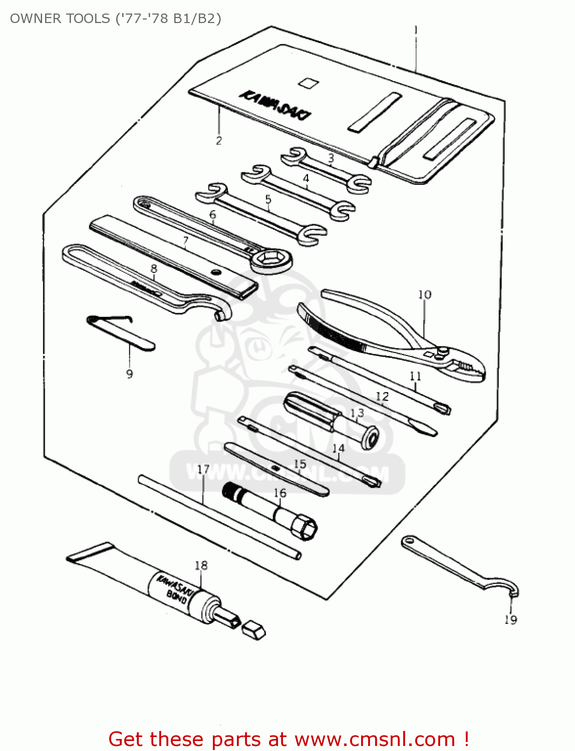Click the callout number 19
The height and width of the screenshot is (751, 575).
tap(510, 620)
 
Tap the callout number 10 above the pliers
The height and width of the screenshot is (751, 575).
tap(424, 294)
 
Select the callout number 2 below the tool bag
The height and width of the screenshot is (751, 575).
tap(218, 141)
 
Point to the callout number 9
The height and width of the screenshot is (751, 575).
tap(129, 373)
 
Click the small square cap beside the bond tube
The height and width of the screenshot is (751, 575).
tap(253, 630)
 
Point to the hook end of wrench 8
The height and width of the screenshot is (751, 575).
tap(222, 311)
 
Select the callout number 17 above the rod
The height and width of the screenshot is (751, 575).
tap(203, 470)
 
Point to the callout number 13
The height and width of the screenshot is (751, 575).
tap(357, 413)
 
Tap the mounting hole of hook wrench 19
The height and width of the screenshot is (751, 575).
tap(410, 541)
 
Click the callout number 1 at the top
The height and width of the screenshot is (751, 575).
tap(415, 30)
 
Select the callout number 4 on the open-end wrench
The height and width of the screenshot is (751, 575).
tap(306, 178)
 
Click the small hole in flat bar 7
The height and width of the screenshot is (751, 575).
tap(216, 273)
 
